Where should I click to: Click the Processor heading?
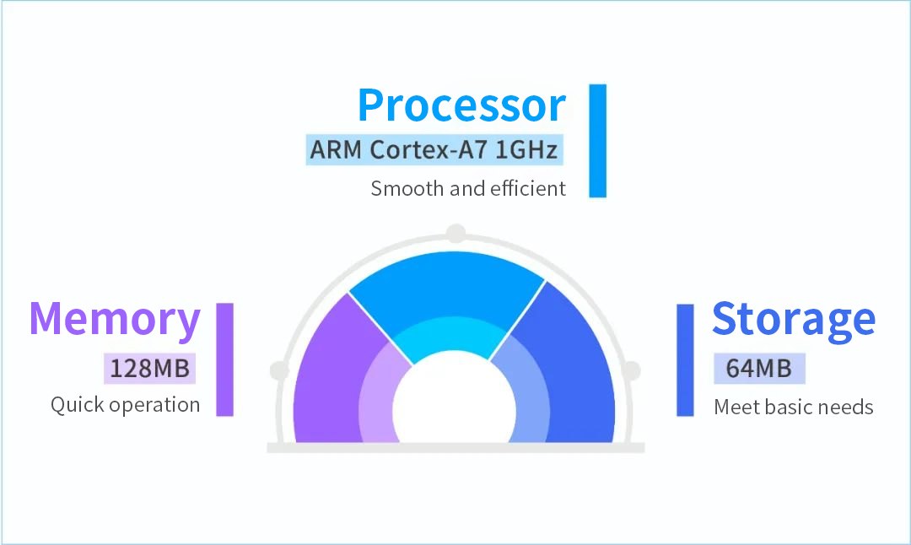[x=462, y=105]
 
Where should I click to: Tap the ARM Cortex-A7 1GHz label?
[x=434, y=150]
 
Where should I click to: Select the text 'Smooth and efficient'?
[x=468, y=189]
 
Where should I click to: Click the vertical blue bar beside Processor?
[x=598, y=141]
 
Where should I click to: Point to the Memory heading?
[x=115, y=320]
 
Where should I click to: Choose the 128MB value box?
[x=150, y=369]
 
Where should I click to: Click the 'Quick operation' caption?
[x=126, y=405]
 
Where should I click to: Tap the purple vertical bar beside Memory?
[x=225, y=359]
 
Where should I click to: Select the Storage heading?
[x=794, y=320]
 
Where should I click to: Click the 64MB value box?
[x=759, y=369]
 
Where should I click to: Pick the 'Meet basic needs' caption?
[x=794, y=407]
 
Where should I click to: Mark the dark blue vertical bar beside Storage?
[x=686, y=360]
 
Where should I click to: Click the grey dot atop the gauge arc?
[x=456, y=234]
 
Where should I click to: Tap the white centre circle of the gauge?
[x=455, y=407]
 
